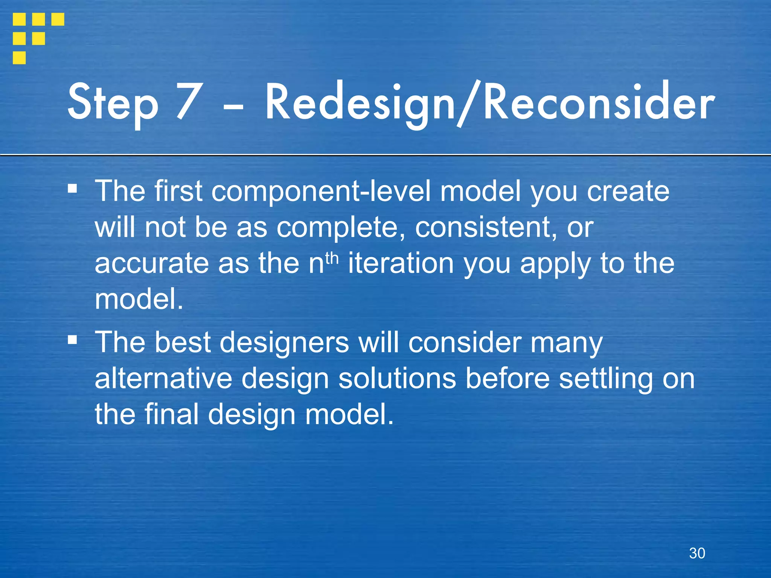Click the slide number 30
click(697, 553)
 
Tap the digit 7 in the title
click(187, 102)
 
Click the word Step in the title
click(113, 102)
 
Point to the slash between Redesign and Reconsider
click(469, 103)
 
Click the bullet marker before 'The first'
click(72, 188)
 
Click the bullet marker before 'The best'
click(72, 340)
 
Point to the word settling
click(606, 379)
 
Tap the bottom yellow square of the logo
click(19, 58)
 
